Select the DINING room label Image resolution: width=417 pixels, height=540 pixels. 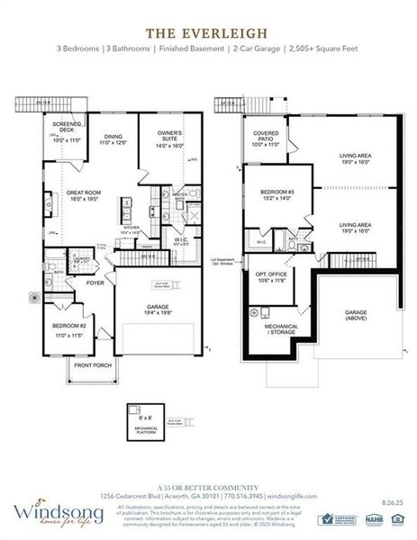coord(113,138)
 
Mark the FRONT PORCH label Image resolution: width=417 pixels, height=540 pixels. coord(92,365)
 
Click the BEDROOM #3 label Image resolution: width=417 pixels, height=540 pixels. coord(273,194)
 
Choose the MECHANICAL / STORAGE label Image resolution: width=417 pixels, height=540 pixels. coord(283,329)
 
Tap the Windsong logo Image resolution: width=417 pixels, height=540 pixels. coord(50,514)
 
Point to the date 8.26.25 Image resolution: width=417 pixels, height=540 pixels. coord(391,495)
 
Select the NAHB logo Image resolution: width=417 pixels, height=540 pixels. coord(374,518)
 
